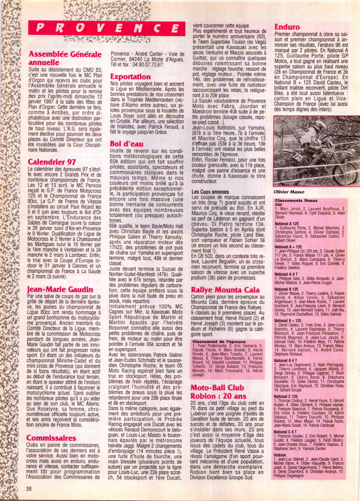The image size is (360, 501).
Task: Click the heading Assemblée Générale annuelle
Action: pos(65,58)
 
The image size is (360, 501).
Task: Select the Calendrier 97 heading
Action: pos(51,162)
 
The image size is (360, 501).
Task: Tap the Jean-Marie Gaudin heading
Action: pos(60,289)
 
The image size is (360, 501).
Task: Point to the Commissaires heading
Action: pos(51,438)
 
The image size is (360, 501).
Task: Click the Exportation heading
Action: pos(130,76)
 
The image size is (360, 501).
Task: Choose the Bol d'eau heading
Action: pos(126,144)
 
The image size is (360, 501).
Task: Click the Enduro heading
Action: pos(287,27)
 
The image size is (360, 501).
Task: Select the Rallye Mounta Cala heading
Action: pos(225,290)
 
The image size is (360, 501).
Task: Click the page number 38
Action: pos(29,489)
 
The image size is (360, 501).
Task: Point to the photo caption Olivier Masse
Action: pos(289,192)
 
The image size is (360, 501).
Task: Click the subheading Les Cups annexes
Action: pos(210,192)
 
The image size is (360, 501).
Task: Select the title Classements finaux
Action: pos(296,201)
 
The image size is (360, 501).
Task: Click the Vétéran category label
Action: pos(280,455)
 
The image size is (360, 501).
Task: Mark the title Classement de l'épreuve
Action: pos(219,341)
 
